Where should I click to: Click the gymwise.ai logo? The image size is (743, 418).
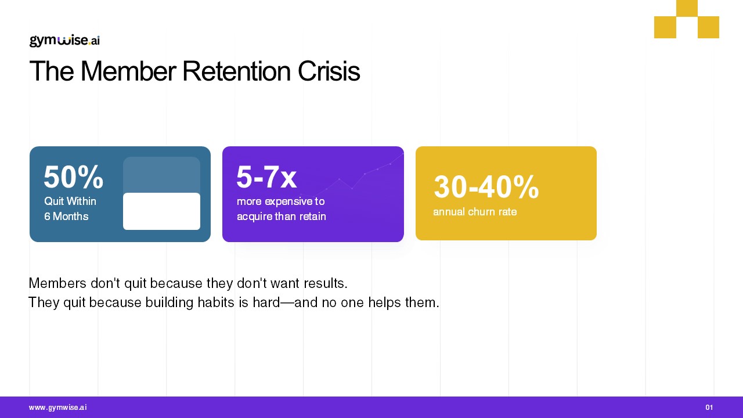point(64,41)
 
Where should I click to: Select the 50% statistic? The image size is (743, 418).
point(73,177)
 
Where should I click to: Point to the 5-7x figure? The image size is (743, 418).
point(266,177)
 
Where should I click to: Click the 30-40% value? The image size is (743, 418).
point(486,187)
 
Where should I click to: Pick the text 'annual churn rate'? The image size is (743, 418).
point(475,212)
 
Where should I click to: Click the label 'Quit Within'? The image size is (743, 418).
point(70,201)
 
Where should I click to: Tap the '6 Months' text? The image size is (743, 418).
point(66,217)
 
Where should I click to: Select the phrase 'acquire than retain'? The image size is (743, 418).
point(282,217)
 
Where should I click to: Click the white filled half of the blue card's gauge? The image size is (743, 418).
point(161,211)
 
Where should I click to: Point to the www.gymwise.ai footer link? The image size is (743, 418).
point(57,408)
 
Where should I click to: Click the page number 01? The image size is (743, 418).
point(709,408)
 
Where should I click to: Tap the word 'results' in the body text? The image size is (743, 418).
point(326,283)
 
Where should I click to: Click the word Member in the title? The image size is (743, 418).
point(128,71)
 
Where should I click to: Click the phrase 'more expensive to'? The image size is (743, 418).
point(280,201)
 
